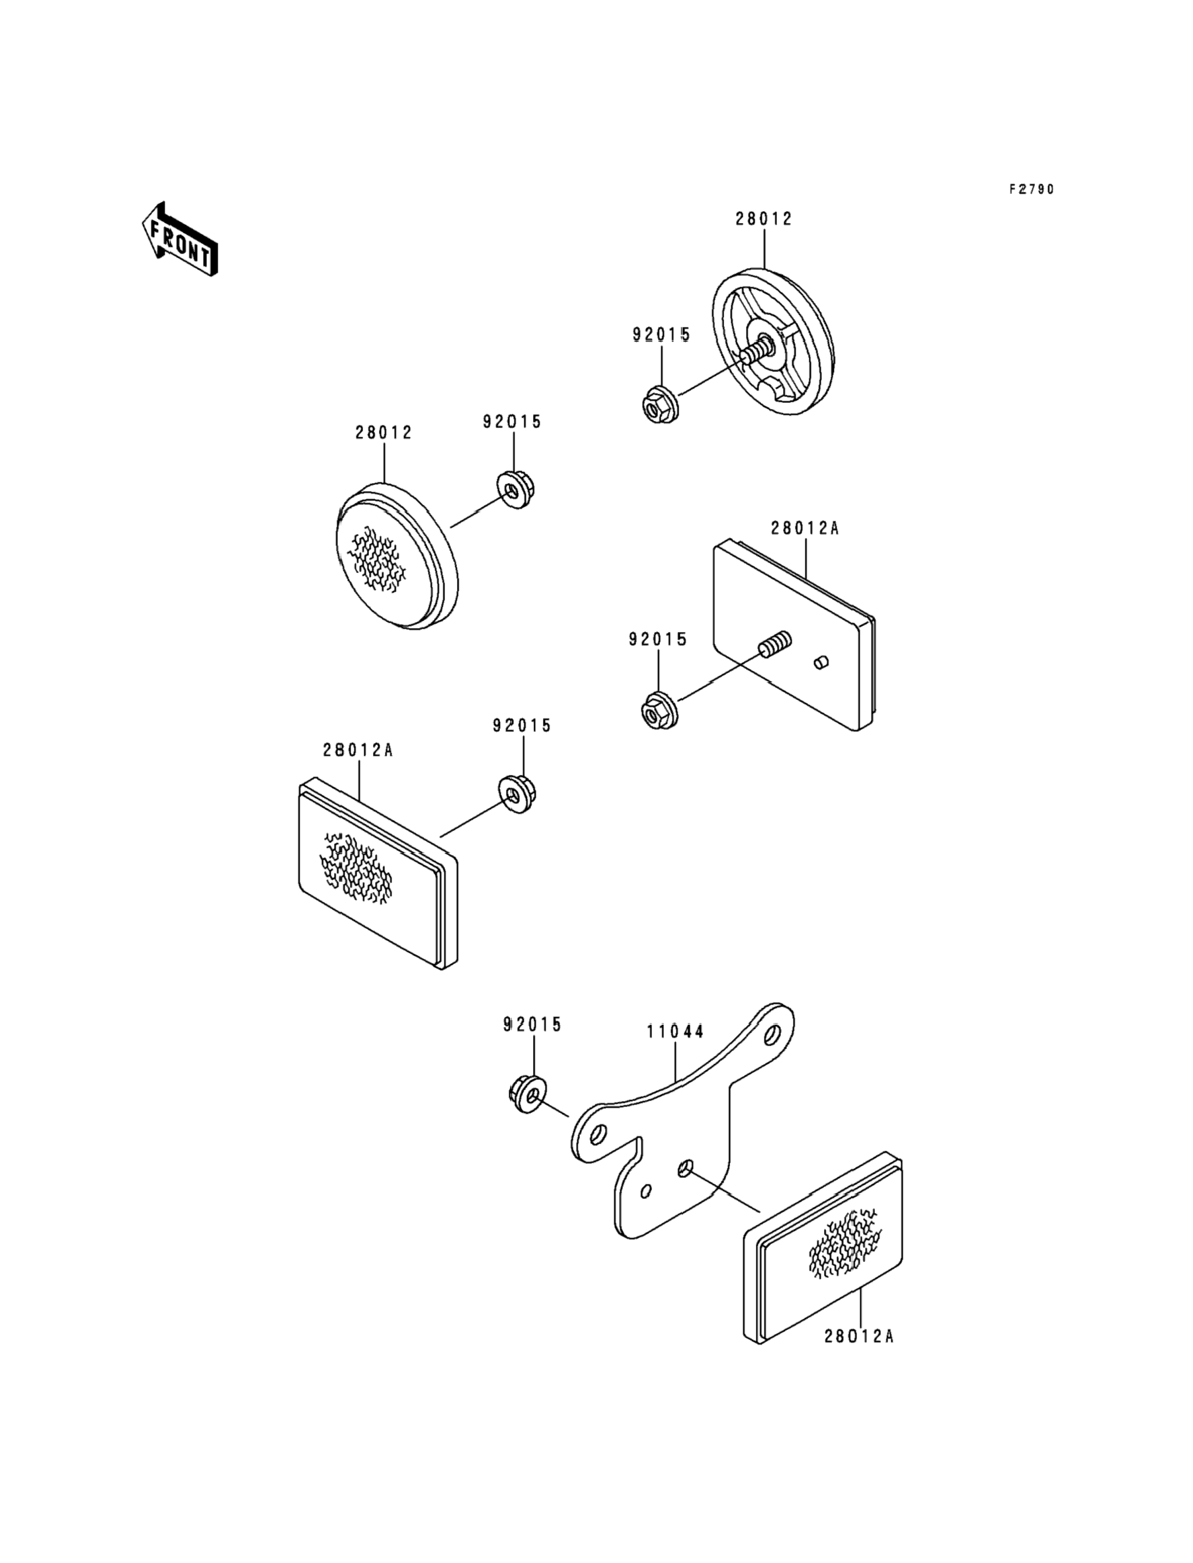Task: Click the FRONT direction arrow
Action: click(180, 240)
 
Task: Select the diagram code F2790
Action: click(1032, 189)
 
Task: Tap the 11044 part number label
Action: click(675, 1031)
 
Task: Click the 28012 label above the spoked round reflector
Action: click(763, 219)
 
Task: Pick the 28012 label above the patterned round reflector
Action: click(384, 433)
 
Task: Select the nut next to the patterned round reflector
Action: click(516, 490)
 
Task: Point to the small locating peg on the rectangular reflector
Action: click(820, 662)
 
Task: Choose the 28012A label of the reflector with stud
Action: click(805, 529)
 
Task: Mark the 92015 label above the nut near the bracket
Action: click(532, 1024)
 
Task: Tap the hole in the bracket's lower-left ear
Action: click(597, 1132)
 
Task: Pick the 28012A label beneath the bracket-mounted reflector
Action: click(858, 1337)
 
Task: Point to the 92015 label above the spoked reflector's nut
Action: click(661, 334)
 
